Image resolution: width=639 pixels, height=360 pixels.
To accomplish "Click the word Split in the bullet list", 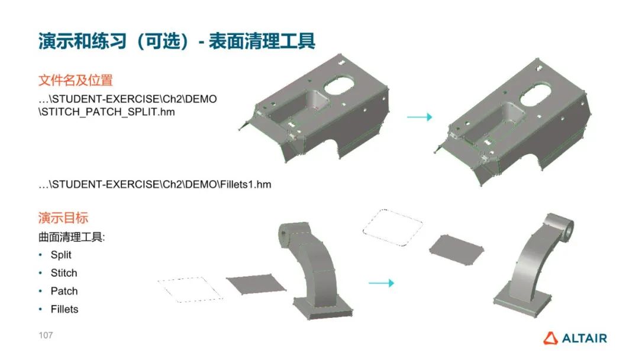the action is (x=61, y=255).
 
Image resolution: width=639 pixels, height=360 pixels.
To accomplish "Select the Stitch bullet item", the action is (x=63, y=273).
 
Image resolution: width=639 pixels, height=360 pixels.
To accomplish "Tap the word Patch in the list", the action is (x=64, y=291).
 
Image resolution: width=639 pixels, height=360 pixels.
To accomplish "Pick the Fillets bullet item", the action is (x=64, y=309).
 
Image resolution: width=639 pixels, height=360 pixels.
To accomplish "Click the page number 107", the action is (x=46, y=335).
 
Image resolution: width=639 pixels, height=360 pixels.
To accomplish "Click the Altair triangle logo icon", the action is (x=550, y=338).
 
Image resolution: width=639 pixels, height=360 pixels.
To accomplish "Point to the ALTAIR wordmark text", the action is (x=585, y=339).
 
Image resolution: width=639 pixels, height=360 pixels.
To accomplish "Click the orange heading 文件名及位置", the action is (x=75, y=81).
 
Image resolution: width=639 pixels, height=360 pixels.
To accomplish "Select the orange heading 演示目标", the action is (x=63, y=218).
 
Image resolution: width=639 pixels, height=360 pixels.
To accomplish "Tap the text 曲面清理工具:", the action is (x=72, y=237).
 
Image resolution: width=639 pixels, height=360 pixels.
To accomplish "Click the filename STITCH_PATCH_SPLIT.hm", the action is (x=106, y=112).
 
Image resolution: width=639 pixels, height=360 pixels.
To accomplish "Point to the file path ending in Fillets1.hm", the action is (x=155, y=184).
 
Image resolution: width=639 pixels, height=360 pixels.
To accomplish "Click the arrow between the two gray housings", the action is (x=419, y=117).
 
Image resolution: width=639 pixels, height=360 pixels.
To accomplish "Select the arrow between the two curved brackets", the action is (x=382, y=283).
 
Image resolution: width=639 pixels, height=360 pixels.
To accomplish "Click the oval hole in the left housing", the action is (x=338, y=85).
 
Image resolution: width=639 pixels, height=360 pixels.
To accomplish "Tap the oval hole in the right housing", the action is (x=535, y=95).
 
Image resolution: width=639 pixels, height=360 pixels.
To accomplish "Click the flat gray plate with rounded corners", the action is (x=456, y=249).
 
